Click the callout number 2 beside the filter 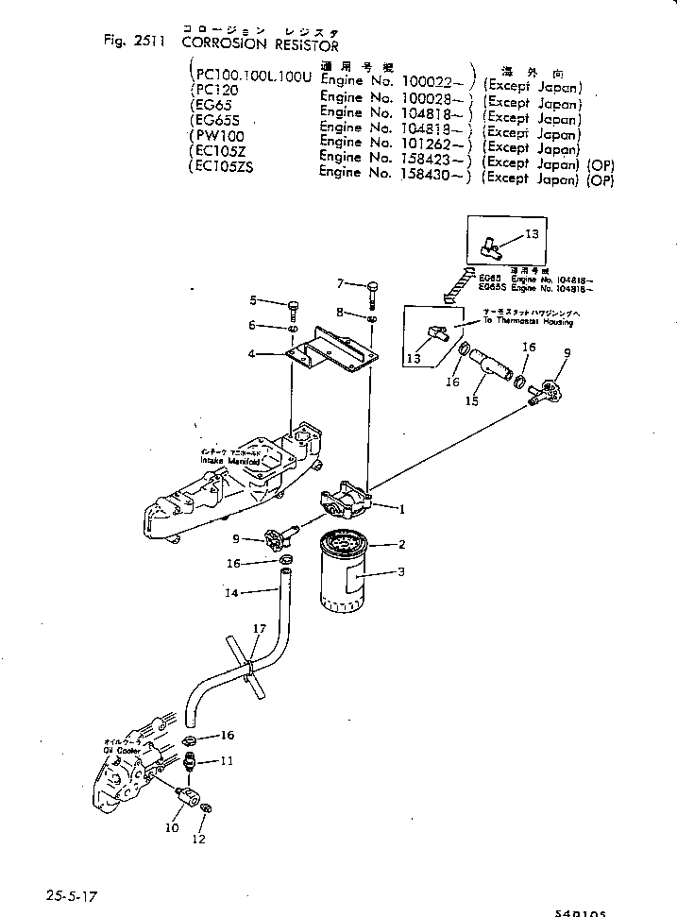[x=401, y=545]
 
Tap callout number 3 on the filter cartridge [x=401, y=572]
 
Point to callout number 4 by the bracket [x=252, y=354]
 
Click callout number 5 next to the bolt [x=253, y=300]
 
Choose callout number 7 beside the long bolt [x=341, y=282]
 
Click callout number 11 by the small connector [x=227, y=760]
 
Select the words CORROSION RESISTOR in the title [x=260, y=43]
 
